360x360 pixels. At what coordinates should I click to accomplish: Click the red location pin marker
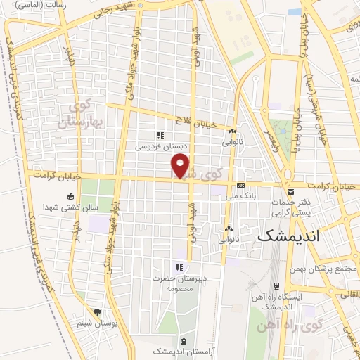point(181,167)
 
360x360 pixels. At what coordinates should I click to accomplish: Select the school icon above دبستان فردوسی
point(160,135)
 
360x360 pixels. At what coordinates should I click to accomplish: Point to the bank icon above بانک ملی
point(241,186)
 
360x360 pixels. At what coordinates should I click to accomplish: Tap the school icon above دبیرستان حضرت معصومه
point(179,266)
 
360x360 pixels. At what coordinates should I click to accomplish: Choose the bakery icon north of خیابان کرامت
point(231,131)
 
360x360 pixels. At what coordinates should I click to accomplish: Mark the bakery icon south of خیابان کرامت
point(229,229)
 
